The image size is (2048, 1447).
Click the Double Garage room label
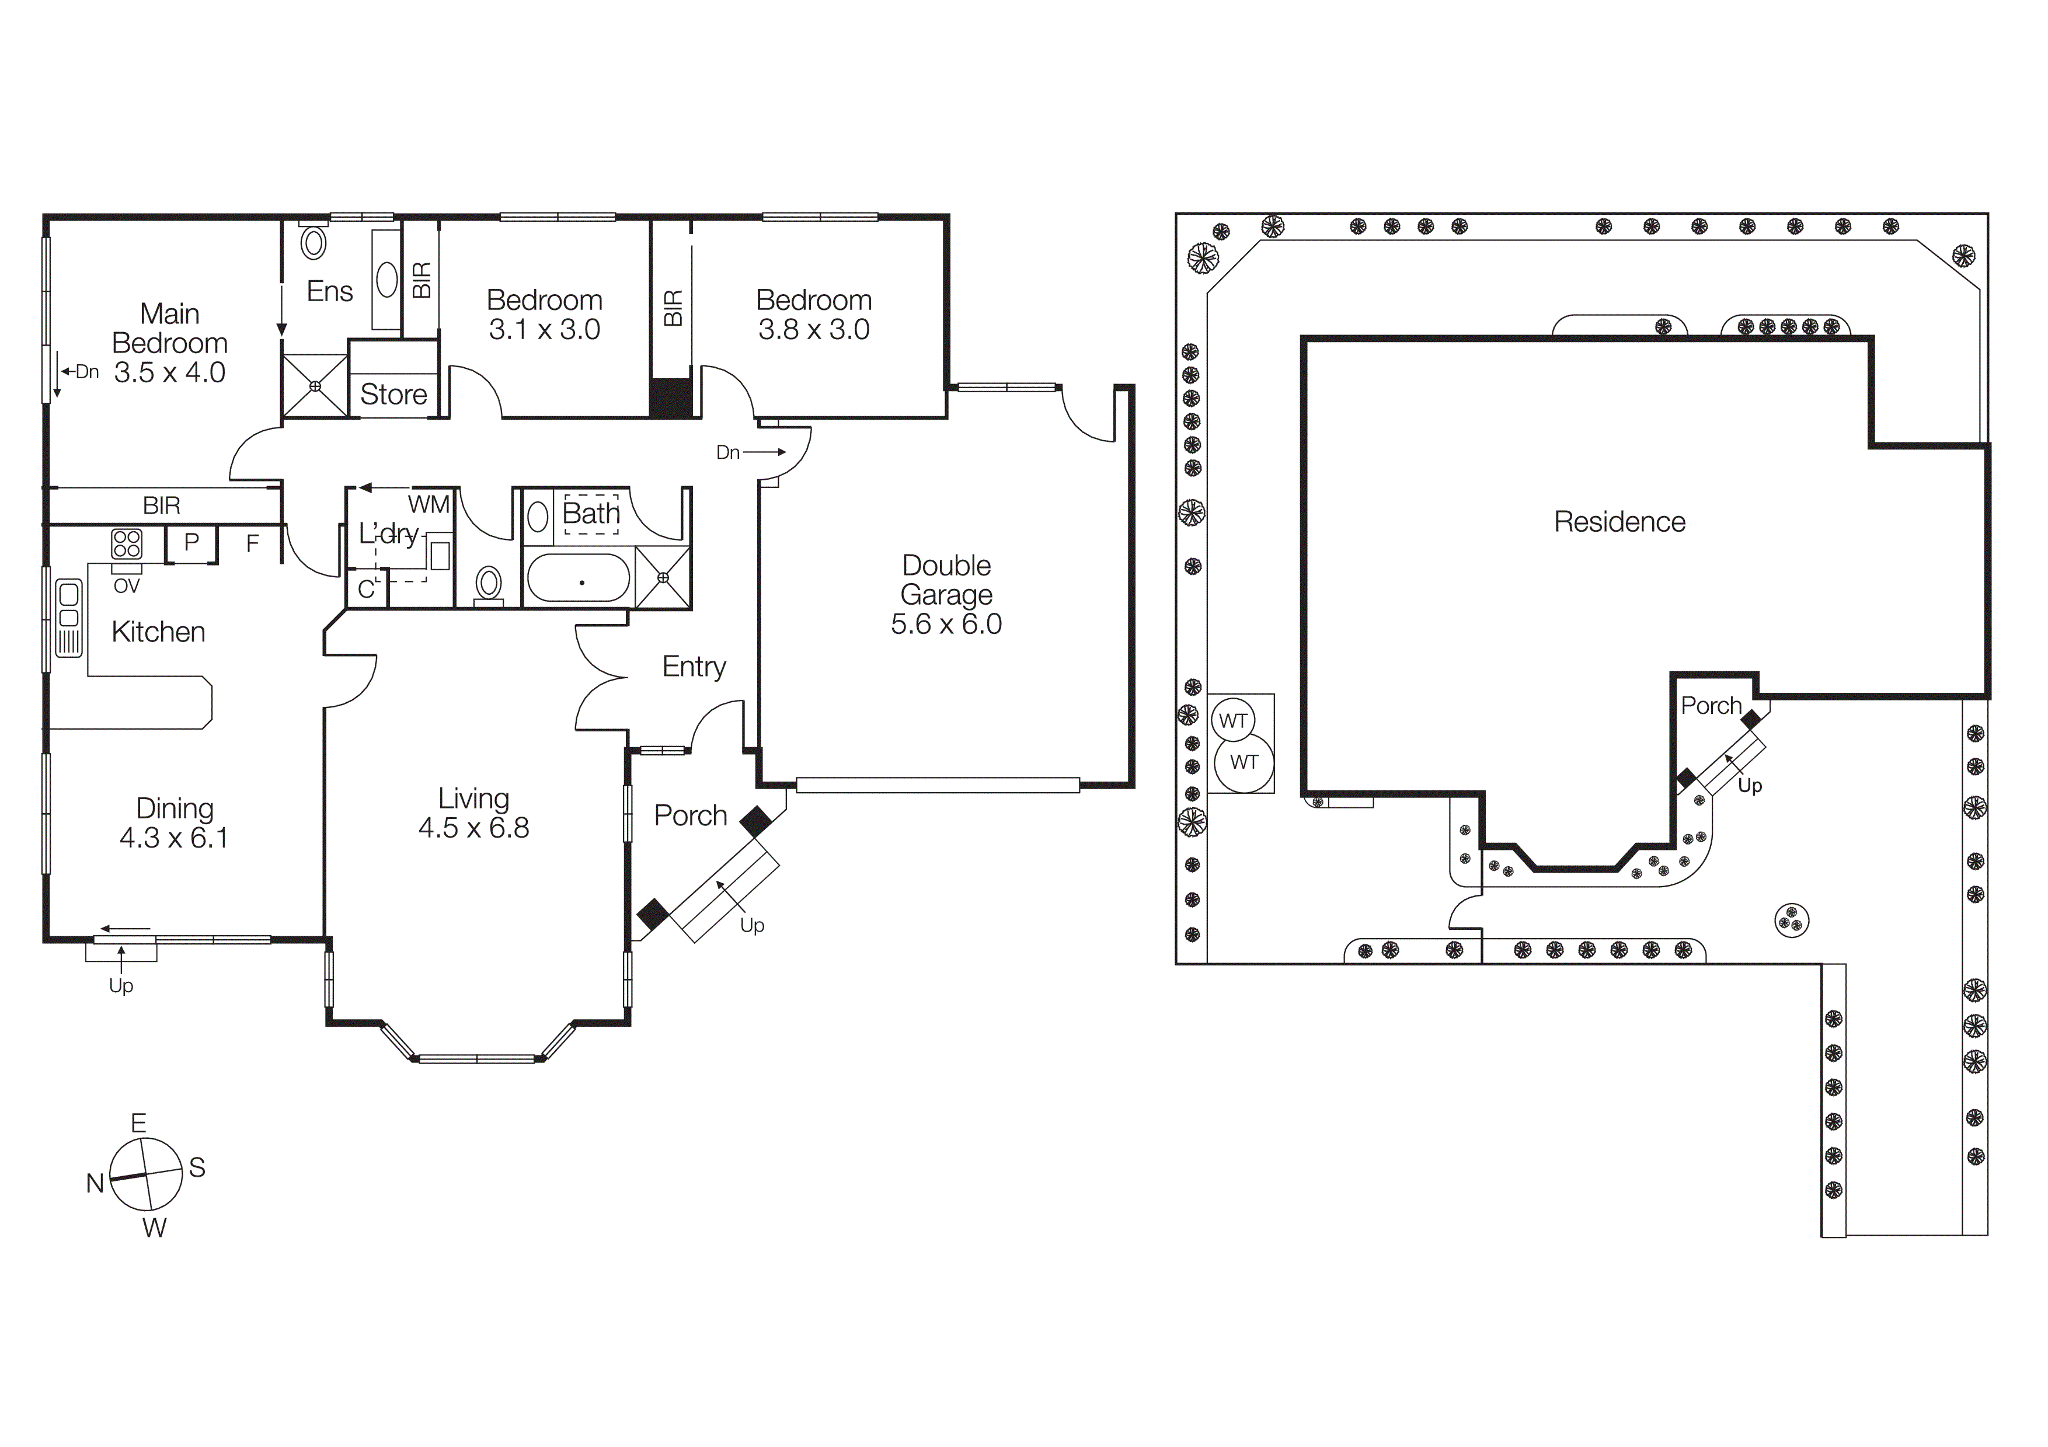click(x=946, y=580)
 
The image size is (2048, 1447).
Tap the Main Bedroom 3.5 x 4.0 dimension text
click(x=169, y=372)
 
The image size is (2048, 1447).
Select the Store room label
click(x=393, y=394)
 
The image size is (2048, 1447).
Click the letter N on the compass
click(x=95, y=1183)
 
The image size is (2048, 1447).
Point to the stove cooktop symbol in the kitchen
click(x=127, y=544)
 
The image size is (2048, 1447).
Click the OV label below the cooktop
click(x=127, y=586)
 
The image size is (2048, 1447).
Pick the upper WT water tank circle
click(x=1233, y=720)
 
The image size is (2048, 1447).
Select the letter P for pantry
click(x=191, y=542)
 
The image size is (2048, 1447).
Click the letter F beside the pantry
click(x=252, y=543)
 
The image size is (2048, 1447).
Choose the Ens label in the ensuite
click(x=329, y=291)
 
